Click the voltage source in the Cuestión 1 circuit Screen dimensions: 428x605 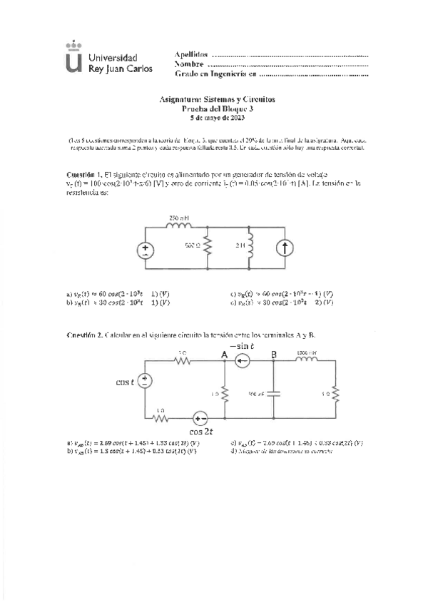(x=146, y=250)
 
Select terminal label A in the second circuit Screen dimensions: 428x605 (x=225, y=354)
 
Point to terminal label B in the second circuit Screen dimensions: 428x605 (x=273, y=354)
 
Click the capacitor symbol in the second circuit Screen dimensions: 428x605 (x=273, y=392)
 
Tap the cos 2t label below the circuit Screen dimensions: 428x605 (x=203, y=432)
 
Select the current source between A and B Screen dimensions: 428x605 (x=244, y=361)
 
